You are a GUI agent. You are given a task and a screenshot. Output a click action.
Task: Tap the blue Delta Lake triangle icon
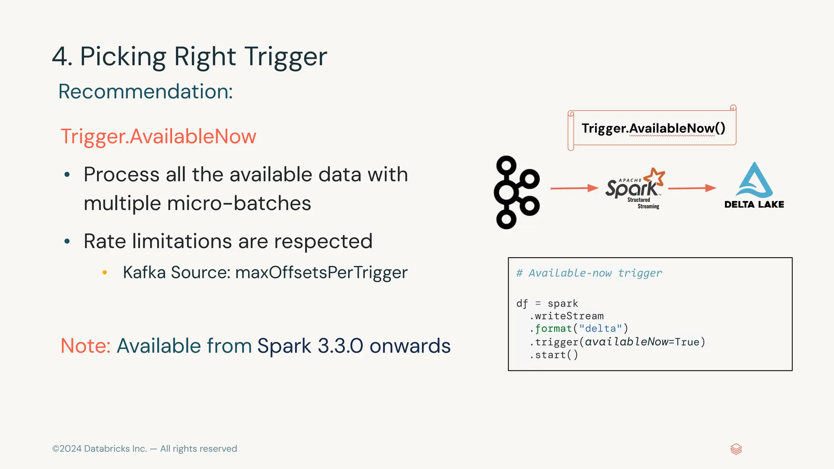coord(754,181)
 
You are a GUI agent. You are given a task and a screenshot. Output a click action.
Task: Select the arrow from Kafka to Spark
coord(574,188)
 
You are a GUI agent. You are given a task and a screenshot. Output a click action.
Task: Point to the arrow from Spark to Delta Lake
coord(692,188)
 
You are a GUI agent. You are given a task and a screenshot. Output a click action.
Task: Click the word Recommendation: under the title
coord(145,92)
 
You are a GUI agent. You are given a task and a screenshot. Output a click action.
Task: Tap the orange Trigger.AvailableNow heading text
coord(158,136)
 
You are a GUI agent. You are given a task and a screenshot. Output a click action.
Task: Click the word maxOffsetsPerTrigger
coord(321,272)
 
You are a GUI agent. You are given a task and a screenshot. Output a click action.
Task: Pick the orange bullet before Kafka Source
coord(105,272)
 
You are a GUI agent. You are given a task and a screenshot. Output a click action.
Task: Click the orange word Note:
coord(86,346)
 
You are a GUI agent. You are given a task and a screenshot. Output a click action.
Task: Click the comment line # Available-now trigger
coord(589,273)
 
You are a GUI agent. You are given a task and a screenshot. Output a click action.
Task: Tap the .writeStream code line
coord(566,316)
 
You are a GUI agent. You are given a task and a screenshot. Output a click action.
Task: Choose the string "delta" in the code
coord(600,329)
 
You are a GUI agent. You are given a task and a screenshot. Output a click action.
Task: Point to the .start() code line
coord(554,355)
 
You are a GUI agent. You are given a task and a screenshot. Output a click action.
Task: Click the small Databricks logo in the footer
coord(736,449)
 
